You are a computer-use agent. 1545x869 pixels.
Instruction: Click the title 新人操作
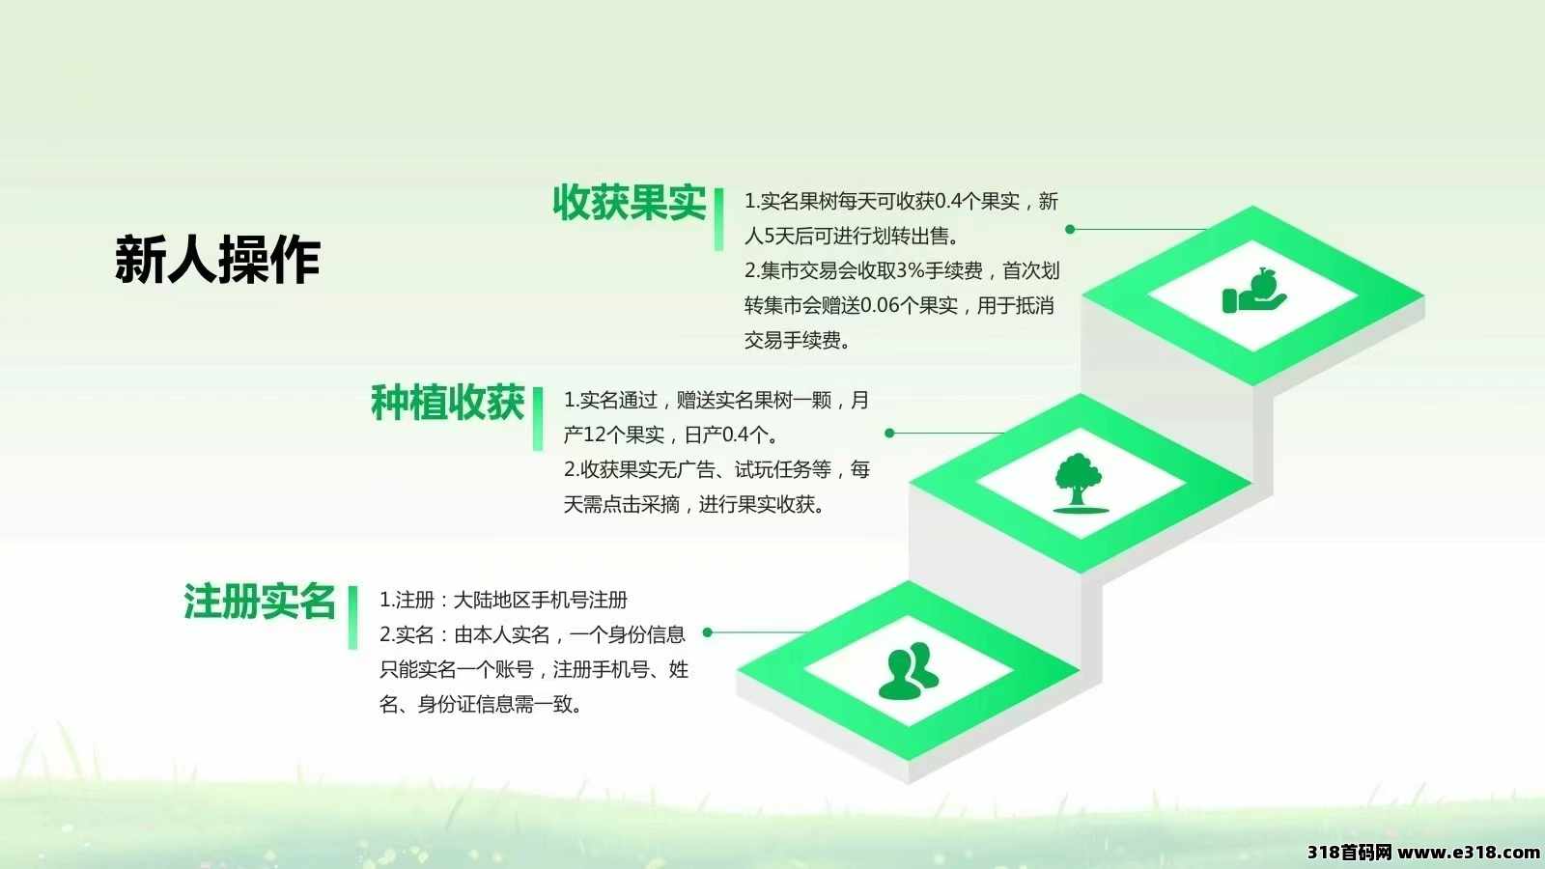(x=218, y=260)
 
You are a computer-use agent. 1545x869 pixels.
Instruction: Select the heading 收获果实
(x=629, y=203)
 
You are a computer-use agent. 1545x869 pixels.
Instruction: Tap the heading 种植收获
(x=448, y=402)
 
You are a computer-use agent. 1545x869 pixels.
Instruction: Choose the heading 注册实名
(x=260, y=601)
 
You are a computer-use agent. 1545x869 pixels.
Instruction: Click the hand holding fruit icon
(x=1254, y=291)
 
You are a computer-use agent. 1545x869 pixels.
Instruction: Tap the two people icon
(x=909, y=670)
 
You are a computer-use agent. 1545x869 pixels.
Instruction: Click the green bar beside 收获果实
(x=718, y=219)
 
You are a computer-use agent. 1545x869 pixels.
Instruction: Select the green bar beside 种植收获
(x=538, y=419)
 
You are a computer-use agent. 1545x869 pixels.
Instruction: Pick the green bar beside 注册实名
(x=353, y=618)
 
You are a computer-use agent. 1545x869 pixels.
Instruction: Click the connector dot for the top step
(x=1070, y=229)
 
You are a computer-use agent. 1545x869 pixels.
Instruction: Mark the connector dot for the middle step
(x=889, y=434)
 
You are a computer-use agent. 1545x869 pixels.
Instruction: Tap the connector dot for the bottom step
(x=707, y=632)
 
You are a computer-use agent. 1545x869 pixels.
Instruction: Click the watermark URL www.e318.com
(x=1468, y=853)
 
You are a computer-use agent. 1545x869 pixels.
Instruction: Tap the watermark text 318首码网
(x=1350, y=853)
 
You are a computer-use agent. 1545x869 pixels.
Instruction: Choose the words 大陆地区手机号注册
(x=540, y=600)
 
